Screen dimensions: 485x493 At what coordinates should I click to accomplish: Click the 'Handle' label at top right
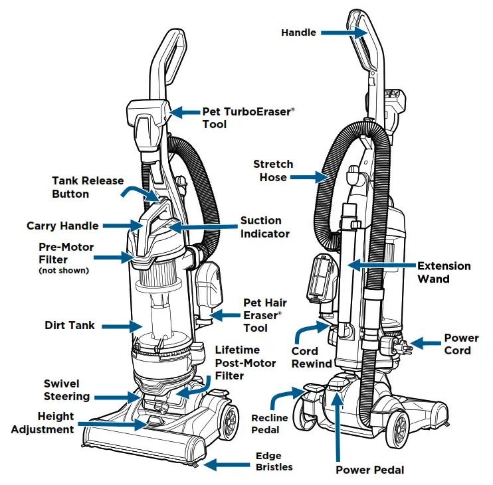(x=299, y=33)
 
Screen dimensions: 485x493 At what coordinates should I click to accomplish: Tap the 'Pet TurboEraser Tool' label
(x=246, y=118)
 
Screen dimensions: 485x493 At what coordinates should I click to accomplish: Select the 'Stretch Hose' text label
(x=273, y=171)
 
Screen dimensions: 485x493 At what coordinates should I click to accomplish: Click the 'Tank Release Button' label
(x=80, y=187)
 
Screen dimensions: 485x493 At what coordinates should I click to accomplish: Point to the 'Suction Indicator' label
(x=260, y=227)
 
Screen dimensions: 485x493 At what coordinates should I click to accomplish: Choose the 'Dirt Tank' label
(x=70, y=326)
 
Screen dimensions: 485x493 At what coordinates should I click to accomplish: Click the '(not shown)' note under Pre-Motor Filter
(x=66, y=271)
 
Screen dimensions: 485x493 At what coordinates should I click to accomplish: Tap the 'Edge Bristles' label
(x=268, y=461)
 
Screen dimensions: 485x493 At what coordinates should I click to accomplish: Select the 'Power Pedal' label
(x=369, y=470)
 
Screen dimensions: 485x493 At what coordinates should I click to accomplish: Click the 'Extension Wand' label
(x=443, y=272)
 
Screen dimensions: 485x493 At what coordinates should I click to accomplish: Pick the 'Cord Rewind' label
(x=312, y=357)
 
